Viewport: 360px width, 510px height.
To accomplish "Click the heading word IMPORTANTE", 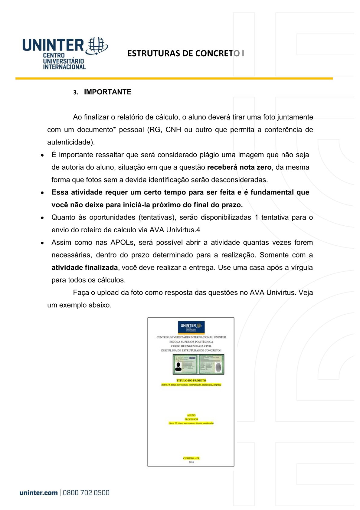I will pos(107,92).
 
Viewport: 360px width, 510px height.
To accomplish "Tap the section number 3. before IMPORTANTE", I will pos(76,93).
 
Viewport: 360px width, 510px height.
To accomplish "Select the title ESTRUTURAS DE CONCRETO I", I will pos(185,54).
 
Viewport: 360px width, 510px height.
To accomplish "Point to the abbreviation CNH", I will pos(173,130).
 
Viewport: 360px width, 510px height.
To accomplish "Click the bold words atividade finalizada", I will pos(84,268).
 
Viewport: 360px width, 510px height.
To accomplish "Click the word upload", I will pos(108,293).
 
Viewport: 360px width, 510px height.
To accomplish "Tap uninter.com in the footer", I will pos(38,493).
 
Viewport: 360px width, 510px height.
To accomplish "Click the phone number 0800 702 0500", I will pos(86,493).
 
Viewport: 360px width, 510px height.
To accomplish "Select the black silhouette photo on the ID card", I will pos(178,367).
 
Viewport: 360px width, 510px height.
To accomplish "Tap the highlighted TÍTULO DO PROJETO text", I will pos(191,381).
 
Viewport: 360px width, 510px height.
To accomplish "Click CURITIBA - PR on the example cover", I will pos(191,458).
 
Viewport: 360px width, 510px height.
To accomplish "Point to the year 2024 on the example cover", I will pos(191,462).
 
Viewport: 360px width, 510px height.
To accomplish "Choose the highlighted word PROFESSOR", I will pos(191,419).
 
